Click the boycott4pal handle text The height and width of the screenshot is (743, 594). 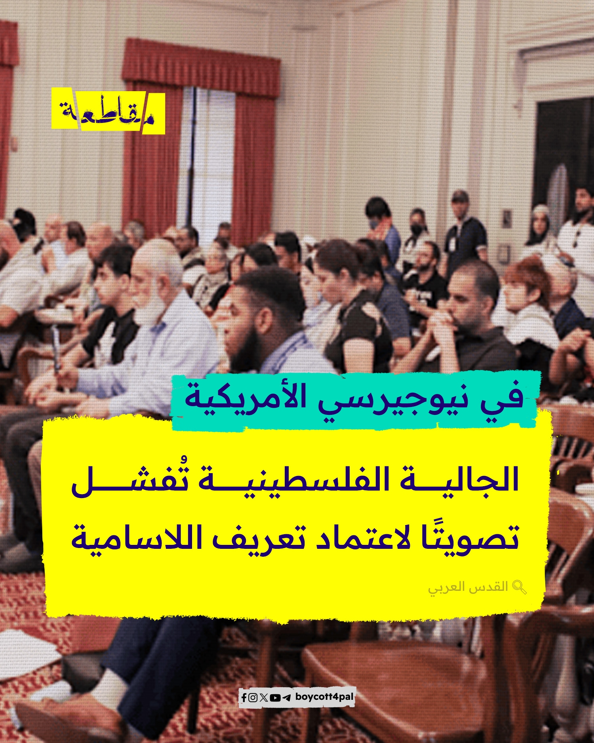[x=324, y=697]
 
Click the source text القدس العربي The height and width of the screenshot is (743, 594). [x=468, y=587]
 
